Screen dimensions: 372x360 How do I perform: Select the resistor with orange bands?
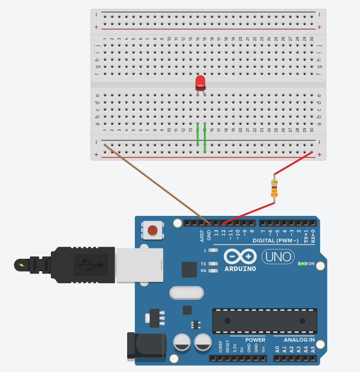274,188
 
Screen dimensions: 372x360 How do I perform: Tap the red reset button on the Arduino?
153,230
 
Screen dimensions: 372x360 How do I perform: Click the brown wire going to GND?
156,183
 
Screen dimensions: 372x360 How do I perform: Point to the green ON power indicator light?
302,264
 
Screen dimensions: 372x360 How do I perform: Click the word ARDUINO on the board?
240,269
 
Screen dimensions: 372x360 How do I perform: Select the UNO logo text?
277,256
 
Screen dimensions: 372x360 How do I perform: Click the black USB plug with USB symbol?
85,266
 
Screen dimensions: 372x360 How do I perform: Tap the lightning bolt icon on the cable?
22,265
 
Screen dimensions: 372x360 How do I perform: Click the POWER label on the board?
255,340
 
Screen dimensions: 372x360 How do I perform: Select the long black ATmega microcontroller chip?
265,321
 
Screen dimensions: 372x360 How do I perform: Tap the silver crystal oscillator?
186,293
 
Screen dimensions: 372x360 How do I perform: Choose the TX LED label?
203,264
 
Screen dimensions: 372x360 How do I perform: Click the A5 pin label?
313,349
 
